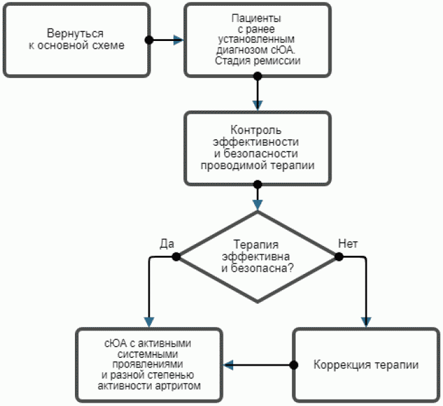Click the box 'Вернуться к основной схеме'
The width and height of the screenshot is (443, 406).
76,39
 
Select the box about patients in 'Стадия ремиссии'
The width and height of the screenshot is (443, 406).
257,39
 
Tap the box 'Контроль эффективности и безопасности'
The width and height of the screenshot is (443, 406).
257,148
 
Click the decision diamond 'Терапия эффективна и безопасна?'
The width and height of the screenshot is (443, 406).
257,256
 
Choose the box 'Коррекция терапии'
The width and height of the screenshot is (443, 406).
365,364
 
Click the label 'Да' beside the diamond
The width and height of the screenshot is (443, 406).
166,244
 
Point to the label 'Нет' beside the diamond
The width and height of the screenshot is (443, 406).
348,244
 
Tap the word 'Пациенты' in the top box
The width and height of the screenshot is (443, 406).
257,19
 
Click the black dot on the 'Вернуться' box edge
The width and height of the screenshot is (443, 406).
149,40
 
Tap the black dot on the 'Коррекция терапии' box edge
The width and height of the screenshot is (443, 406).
293,364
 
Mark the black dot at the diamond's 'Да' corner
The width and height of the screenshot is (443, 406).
175,256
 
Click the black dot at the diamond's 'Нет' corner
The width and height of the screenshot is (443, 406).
339,256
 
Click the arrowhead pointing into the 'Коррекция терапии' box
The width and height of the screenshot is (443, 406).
365,321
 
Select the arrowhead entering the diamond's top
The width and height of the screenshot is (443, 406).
257,205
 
